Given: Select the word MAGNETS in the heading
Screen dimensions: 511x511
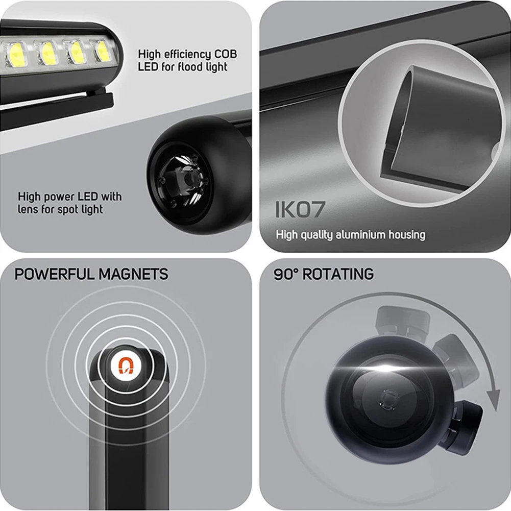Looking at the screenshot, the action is pos(134,274).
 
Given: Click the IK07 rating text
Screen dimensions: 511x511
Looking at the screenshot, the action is pos(300,209).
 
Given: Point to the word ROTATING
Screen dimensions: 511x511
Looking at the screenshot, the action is pos(338,274).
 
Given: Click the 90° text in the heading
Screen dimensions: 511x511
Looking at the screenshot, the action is pos(286,274).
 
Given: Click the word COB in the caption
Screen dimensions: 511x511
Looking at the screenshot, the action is pos(226,54).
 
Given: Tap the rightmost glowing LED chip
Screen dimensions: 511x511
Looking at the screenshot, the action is pos(103,51).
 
